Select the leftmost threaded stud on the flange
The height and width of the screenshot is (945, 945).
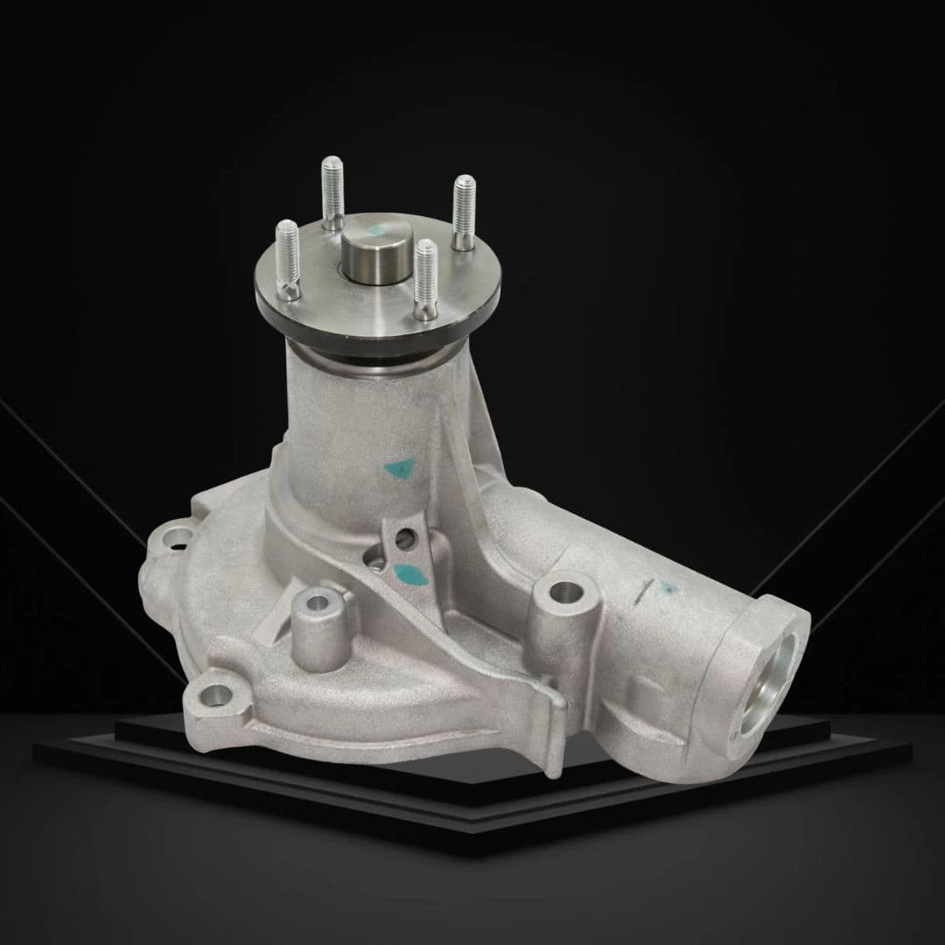[288, 254]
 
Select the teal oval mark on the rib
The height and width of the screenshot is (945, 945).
[407, 574]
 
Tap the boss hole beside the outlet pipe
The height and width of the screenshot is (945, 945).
[565, 591]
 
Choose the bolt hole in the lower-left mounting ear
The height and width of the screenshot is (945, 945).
[213, 696]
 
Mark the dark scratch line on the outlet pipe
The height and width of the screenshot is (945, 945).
[643, 591]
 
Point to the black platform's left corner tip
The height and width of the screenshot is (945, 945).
[35, 748]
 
